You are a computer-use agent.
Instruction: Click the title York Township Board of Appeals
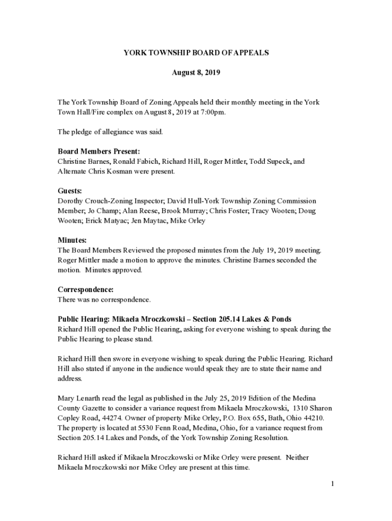[196, 53]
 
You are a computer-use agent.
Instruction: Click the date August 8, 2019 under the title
[196, 73]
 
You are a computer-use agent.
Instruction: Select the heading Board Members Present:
[99, 152]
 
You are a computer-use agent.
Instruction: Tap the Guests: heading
[70, 191]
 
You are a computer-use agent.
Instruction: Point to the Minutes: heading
[72, 240]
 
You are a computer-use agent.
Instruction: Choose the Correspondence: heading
[86, 290]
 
